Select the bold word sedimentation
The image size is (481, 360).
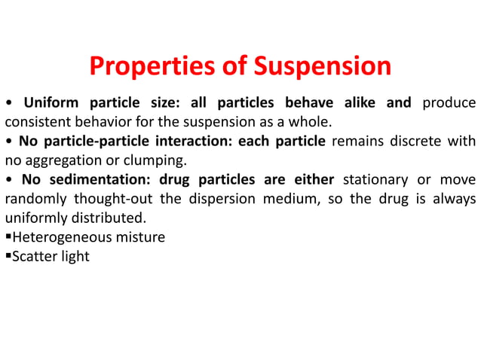coord(98,179)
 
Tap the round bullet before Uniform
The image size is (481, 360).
coord(8,103)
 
